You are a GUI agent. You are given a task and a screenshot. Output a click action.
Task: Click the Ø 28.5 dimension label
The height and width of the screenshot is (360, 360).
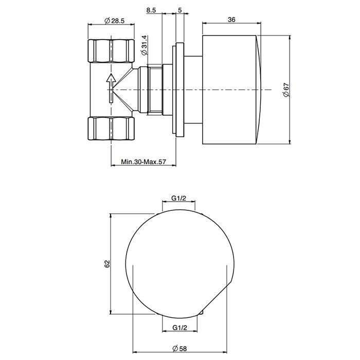point(114,21)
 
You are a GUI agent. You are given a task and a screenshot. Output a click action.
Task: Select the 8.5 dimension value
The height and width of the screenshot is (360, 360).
point(151,10)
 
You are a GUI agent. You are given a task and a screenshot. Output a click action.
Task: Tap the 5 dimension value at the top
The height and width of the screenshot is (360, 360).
point(179,10)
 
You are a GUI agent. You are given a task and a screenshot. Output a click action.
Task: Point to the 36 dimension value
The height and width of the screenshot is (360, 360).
point(231,20)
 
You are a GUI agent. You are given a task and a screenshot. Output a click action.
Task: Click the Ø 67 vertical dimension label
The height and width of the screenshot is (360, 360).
point(286,90)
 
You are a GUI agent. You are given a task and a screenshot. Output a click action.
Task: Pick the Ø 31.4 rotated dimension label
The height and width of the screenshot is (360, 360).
point(144,45)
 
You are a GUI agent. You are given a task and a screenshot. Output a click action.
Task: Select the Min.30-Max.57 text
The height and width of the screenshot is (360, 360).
point(143,161)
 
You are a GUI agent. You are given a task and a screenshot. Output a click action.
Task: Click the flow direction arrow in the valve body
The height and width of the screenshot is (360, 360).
point(111,88)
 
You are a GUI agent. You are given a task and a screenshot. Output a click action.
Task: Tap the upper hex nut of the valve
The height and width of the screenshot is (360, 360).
point(111,50)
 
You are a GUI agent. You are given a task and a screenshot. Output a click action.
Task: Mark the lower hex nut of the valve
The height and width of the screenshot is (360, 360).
point(111,129)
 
